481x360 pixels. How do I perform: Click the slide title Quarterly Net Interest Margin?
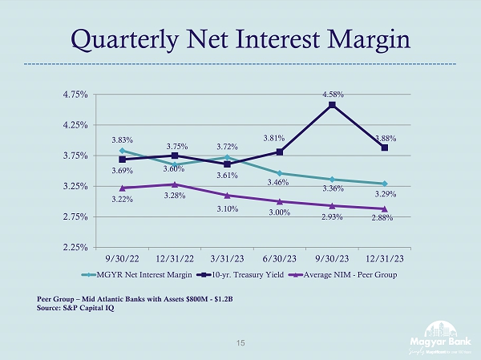pyautogui.click(x=240, y=38)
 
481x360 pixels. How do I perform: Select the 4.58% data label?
pyautogui.click(x=333, y=95)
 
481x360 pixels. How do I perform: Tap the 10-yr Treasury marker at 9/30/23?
pyautogui.click(x=332, y=105)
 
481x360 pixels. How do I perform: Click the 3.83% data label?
pyautogui.click(x=122, y=140)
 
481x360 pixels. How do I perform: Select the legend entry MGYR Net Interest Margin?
pyautogui.click(x=145, y=274)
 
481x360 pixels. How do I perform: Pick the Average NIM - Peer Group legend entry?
pyautogui.click(x=346, y=274)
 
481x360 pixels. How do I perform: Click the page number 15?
pyautogui.click(x=240, y=342)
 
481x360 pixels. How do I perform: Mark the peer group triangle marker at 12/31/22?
pyautogui.click(x=175, y=184)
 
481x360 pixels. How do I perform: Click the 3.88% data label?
pyautogui.click(x=384, y=138)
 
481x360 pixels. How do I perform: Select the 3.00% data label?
pyautogui.click(x=279, y=212)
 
